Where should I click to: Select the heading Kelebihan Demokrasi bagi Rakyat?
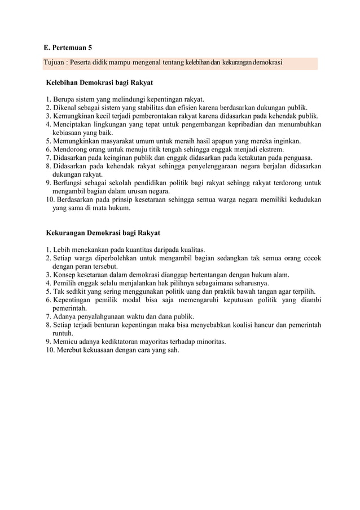99,82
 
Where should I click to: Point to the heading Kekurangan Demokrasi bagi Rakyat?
103,232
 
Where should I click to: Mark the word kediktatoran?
112,342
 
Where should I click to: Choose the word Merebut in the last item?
68,350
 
